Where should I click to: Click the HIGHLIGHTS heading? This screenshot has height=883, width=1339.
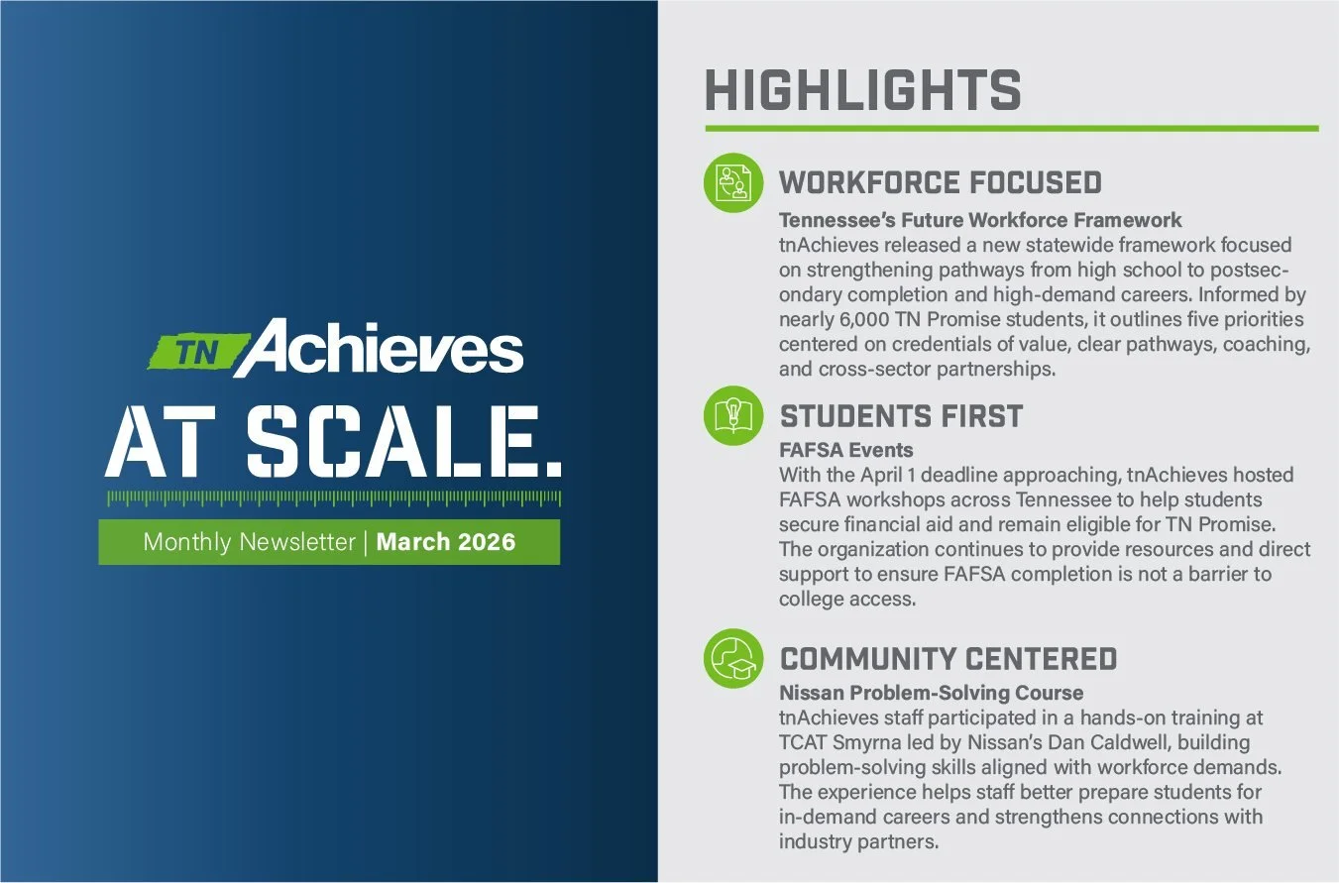tap(862, 90)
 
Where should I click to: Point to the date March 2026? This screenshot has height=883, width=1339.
tap(446, 542)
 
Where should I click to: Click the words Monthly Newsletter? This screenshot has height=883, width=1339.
tap(249, 542)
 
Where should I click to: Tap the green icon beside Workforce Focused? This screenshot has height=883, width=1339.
tap(733, 182)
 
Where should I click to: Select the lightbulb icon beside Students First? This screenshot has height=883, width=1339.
tap(733, 415)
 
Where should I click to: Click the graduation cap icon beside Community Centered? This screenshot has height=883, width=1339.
tap(733, 658)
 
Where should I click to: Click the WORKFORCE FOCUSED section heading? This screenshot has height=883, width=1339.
tap(941, 182)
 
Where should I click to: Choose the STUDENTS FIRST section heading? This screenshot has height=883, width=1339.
tap(901, 415)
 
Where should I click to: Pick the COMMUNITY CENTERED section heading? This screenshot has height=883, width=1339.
tap(948, 658)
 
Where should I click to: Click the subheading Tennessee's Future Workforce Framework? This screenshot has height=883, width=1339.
tap(980, 219)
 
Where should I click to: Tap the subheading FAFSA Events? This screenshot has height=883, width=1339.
tap(846, 450)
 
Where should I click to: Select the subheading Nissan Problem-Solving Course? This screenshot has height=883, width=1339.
tap(931, 693)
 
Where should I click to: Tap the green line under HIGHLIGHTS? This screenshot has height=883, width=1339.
tap(1011, 128)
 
